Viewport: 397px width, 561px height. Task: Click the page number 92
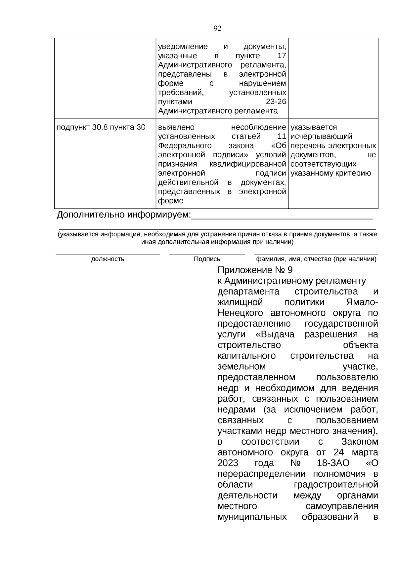tap(217, 28)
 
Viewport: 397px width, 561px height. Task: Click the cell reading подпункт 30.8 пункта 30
tap(101, 127)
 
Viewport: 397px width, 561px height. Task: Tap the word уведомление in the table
tap(183, 47)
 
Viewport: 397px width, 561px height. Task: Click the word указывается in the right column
tap(314, 127)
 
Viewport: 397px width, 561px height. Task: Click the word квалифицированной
tap(247, 164)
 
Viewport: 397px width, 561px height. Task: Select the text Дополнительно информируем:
tap(124, 215)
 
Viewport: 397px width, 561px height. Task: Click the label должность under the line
tap(108, 259)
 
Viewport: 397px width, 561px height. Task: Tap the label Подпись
tap(207, 259)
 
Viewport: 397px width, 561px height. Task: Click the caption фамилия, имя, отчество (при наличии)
tap(316, 259)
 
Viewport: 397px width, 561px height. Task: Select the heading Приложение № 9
tap(255, 270)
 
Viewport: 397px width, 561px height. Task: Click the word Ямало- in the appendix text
tap(361, 302)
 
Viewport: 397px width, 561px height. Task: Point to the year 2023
tap(228, 463)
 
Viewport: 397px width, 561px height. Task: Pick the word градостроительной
tap(336, 485)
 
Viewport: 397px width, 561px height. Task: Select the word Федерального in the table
tap(185, 146)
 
